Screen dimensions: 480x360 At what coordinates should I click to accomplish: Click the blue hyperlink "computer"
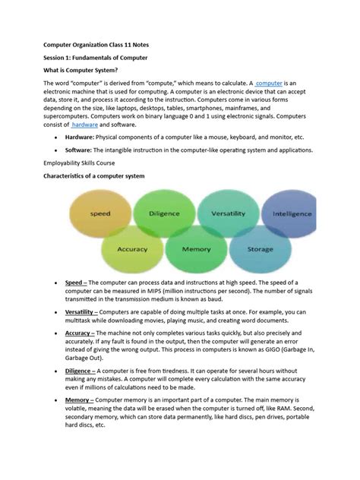[273, 83]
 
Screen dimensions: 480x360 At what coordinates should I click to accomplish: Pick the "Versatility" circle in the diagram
[228, 215]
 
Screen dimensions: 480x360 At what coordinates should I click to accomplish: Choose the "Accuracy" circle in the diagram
[132, 248]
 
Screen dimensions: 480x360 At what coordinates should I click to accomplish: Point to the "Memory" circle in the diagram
[196, 248]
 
